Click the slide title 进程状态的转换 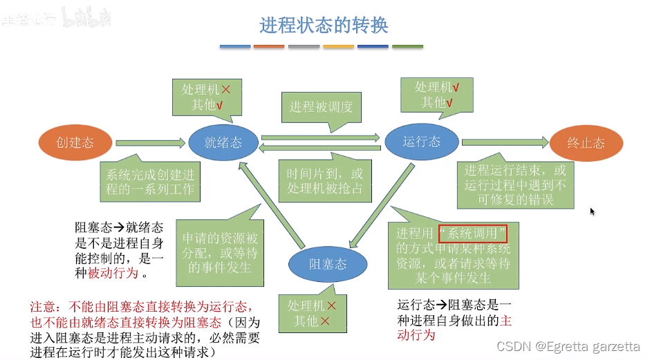pyautogui.click(x=324, y=26)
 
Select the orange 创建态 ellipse pyautogui.click(x=75, y=143)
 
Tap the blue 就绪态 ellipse pyautogui.click(x=223, y=143)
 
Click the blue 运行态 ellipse pyautogui.click(x=421, y=142)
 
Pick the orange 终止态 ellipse pyautogui.click(x=586, y=143)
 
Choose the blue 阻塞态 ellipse pyautogui.click(x=327, y=265)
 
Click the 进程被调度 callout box pyautogui.click(x=321, y=107)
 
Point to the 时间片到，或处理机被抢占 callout pyautogui.click(x=324, y=181)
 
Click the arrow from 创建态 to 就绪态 pyautogui.click(x=149, y=143)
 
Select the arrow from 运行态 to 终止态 pyautogui.click(x=503, y=142)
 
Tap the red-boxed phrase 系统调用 pyautogui.click(x=473, y=233)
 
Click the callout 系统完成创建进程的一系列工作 pyautogui.click(x=149, y=181)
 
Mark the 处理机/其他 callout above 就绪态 pyautogui.click(x=206, y=97)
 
